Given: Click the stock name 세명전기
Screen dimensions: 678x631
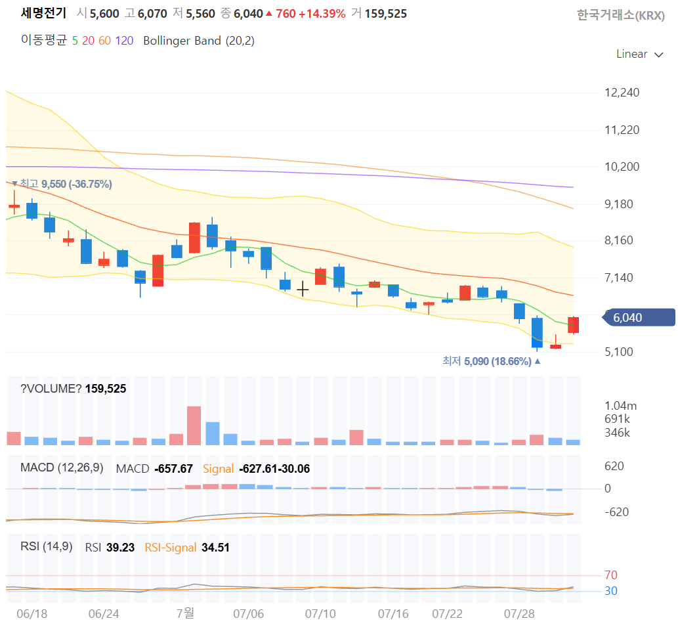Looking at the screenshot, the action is click(44, 13).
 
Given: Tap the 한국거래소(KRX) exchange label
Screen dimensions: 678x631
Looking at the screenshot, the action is click(621, 15).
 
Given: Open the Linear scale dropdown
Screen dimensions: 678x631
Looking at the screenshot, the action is click(639, 54).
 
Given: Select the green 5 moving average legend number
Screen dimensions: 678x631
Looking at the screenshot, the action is click(75, 41).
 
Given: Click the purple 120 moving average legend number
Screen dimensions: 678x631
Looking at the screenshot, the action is click(124, 41).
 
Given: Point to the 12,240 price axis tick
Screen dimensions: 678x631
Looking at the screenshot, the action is click(622, 93).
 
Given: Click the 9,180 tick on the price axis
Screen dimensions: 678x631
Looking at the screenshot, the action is click(619, 204).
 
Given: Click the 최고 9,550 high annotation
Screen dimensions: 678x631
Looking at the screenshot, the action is click(62, 184).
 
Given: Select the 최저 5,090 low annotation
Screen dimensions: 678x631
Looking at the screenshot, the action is click(492, 361).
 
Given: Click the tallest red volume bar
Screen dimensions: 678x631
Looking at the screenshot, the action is click(194, 425).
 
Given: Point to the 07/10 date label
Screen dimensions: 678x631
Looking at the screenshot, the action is click(320, 614).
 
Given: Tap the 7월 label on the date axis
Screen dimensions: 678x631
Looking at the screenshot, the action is click(186, 613).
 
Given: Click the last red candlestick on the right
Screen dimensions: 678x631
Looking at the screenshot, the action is click(574, 325).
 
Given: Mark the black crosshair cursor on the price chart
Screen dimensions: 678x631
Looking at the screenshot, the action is click(303, 289).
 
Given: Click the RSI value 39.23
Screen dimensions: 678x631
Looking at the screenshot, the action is click(121, 548).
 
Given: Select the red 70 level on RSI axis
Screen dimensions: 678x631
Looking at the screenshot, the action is click(611, 575).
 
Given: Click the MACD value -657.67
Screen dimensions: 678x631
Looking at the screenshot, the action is click(174, 469).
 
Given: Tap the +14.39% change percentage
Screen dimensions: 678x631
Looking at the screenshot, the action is click(322, 14).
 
